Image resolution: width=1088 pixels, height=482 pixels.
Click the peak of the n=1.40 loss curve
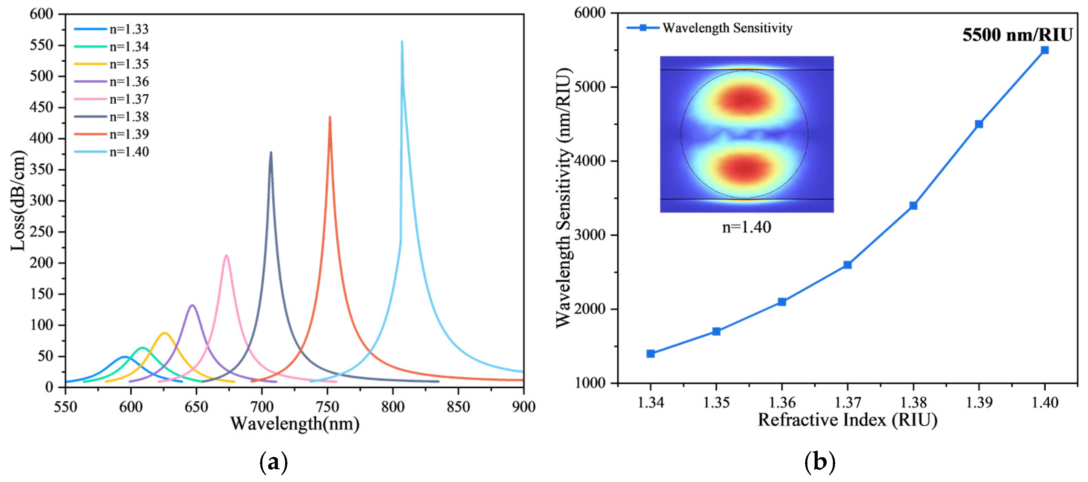point(402,42)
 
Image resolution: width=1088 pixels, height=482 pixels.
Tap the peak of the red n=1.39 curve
point(330,117)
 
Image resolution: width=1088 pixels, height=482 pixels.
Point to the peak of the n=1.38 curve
point(271,153)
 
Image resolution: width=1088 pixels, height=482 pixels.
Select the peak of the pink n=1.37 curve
point(227,255)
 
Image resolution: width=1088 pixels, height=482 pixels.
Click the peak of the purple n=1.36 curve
point(192,305)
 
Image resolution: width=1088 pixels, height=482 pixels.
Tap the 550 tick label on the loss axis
point(41,45)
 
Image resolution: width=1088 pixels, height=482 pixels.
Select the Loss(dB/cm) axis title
point(18,201)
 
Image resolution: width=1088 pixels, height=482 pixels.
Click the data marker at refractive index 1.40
point(1045,50)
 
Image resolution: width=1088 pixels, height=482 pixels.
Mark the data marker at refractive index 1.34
point(650,354)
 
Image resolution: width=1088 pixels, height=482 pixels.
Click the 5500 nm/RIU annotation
point(1017,35)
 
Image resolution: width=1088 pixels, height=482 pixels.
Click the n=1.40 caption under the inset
point(746,228)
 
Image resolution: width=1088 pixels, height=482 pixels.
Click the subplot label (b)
point(819,462)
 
